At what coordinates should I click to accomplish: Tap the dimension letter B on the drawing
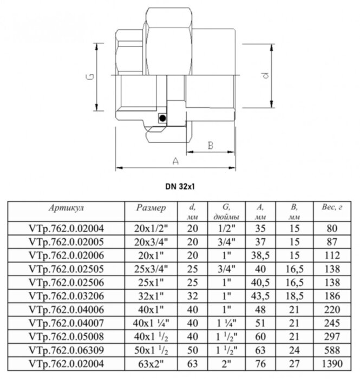[x=212, y=145]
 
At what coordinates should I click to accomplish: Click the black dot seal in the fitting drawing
[x=161, y=117]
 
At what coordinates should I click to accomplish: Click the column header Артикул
[x=66, y=207]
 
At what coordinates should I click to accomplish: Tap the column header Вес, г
[x=332, y=207]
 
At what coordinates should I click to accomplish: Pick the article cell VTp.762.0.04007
[x=66, y=322]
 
